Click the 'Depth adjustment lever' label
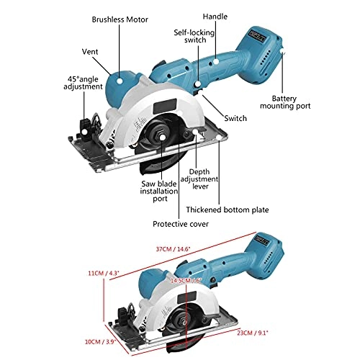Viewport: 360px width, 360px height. click(x=199, y=181)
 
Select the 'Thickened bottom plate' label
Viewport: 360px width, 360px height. click(x=227, y=210)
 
